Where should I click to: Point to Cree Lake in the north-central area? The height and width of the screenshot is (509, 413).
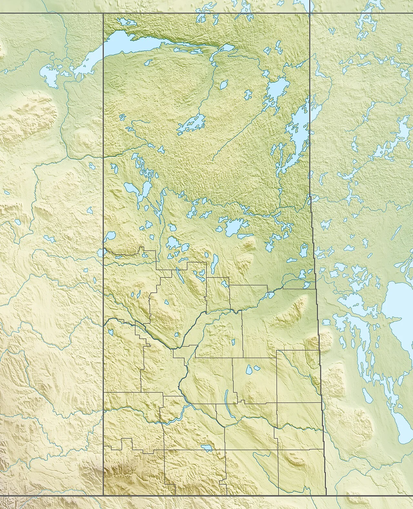click(x=190, y=124)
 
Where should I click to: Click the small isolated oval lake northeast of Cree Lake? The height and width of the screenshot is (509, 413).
click(x=223, y=86)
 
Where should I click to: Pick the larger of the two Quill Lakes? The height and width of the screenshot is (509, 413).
click(x=249, y=370)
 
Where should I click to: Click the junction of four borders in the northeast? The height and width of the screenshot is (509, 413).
click(x=310, y=13)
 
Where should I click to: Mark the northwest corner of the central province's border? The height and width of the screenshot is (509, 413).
click(x=103, y=13)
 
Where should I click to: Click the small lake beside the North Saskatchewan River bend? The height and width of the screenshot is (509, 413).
click(x=176, y=335)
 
